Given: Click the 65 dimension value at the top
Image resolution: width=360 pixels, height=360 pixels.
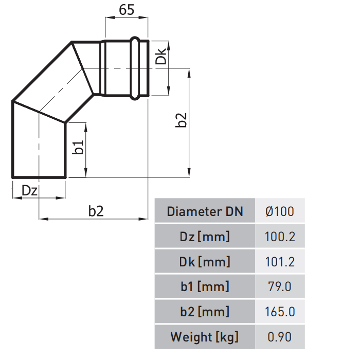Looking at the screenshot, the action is [127, 10].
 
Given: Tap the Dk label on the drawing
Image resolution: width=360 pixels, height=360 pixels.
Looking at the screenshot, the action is [160, 56].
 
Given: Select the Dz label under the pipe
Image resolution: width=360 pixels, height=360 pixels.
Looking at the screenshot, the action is [29, 190].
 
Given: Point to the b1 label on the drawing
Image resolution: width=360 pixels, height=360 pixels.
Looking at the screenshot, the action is [78, 148].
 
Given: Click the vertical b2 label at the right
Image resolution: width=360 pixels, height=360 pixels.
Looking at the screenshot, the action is [181, 120].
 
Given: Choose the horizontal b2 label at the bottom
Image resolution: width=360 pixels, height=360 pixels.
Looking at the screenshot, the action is [96, 211].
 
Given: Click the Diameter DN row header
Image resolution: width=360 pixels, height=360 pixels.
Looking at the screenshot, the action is [205, 211].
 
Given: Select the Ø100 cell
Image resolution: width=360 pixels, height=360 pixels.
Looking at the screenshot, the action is [280, 211].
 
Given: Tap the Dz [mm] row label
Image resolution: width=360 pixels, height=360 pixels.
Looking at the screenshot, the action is [205, 237].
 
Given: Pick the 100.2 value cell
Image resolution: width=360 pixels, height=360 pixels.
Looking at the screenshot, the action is [280, 237].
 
